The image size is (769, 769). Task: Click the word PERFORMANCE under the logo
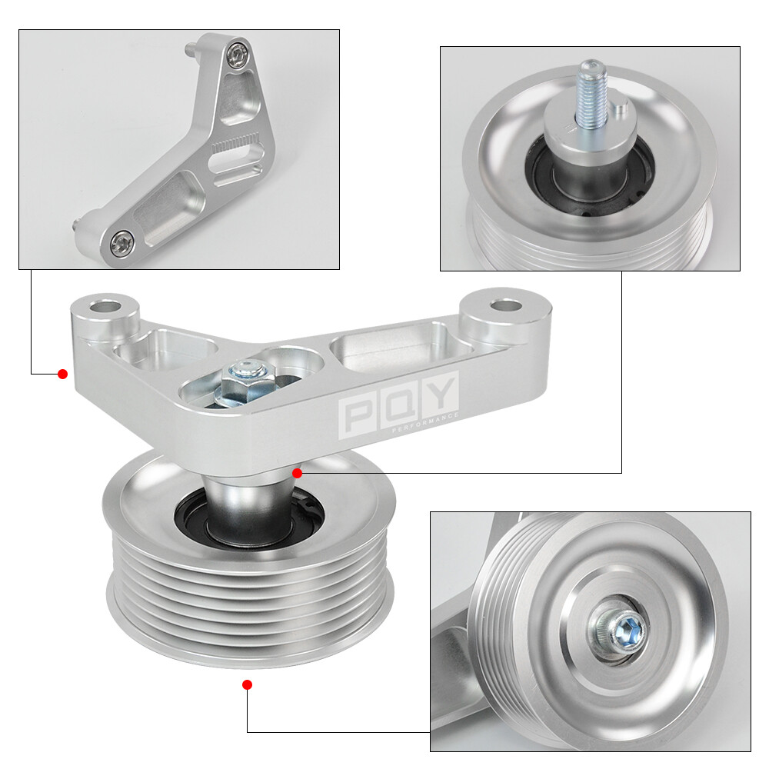(x=425, y=422)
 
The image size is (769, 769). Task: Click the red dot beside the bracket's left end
(x=63, y=374)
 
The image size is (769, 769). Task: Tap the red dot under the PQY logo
(x=298, y=473)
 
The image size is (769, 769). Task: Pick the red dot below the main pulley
(x=247, y=684)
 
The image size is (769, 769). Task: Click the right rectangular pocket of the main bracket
(x=384, y=351)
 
